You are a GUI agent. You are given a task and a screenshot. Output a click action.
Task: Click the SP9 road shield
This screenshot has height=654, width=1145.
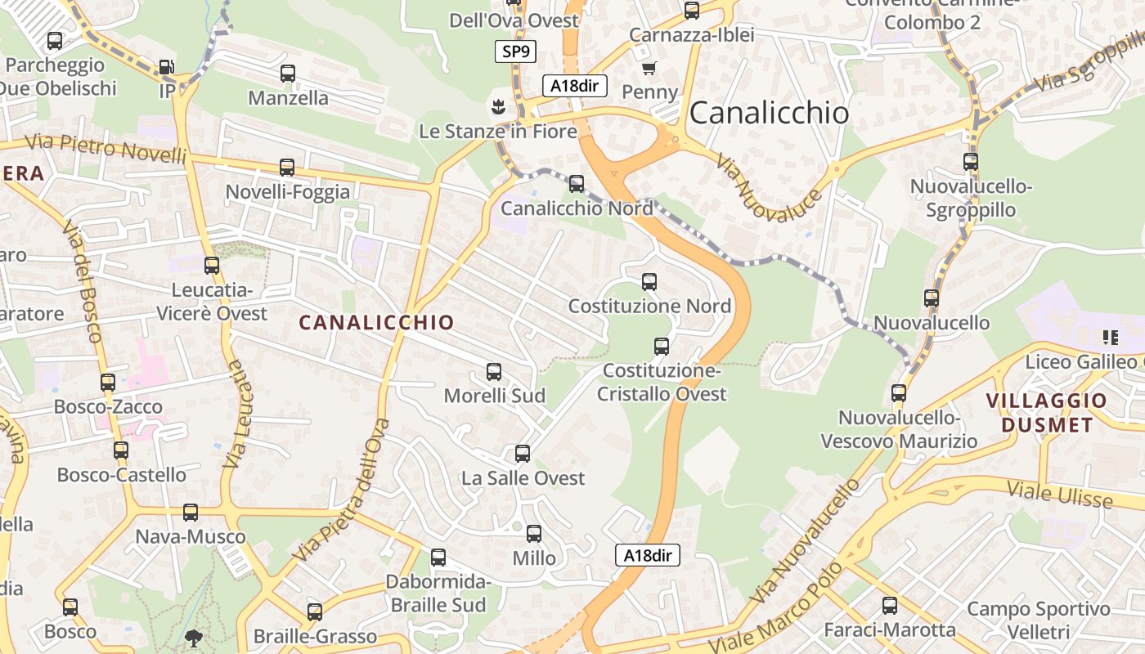click(516, 52)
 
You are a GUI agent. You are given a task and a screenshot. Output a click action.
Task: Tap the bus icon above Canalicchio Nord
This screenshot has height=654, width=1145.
click(577, 184)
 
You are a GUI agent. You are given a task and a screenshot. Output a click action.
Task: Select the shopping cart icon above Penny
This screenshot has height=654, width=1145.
click(649, 68)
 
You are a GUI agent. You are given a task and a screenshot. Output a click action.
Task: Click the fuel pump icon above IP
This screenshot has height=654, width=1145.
click(166, 67)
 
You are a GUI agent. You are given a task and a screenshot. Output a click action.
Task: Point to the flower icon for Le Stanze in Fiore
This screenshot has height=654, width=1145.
click(496, 106)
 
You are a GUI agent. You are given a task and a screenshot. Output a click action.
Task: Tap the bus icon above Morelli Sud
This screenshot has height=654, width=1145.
click(494, 372)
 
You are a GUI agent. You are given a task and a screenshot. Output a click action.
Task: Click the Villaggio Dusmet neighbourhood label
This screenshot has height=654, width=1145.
click(1046, 413)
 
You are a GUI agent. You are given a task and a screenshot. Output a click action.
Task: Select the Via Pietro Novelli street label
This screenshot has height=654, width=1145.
click(106, 148)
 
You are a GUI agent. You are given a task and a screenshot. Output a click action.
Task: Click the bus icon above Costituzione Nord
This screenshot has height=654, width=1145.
click(649, 282)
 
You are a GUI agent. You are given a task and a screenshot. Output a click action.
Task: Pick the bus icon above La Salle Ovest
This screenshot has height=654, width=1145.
click(523, 454)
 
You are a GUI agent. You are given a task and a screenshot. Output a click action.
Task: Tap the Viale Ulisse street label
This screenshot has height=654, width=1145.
click(1059, 495)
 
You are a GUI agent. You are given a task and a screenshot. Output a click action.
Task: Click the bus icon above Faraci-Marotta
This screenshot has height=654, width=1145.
click(890, 606)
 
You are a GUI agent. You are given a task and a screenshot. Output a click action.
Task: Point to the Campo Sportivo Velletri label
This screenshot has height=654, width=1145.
click(1039, 620)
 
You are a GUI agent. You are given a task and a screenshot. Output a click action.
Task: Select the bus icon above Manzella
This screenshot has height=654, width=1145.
click(288, 74)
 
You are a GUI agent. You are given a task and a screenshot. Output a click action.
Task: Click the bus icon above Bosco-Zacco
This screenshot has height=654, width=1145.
click(108, 382)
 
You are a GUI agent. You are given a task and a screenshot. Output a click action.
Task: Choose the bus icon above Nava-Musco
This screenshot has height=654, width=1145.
click(191, 513)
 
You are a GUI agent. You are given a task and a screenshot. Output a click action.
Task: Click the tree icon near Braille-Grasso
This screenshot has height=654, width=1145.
click(195, 637)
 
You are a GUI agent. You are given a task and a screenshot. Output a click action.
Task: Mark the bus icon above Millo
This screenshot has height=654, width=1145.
click(534, 534)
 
